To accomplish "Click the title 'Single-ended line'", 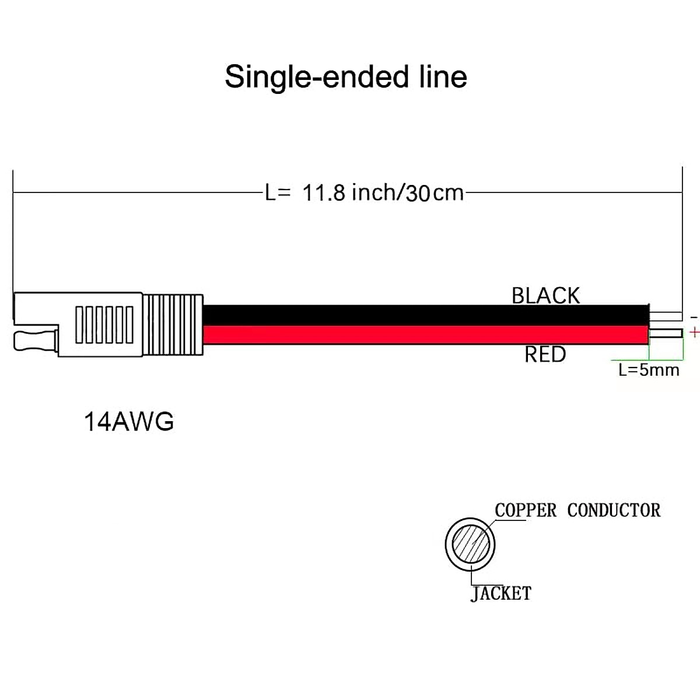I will pyautogui.click(x=346, y=77).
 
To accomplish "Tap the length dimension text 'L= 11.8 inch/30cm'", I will pyautogui.click(x=365, y=192).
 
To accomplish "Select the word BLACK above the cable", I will pyautogui.click(x=546, y=296).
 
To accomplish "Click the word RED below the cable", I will pyautogui.click(x=545, y=354).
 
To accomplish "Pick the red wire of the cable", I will pyautogui.click(x=426, y=335).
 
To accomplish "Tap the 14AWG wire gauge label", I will pyautogui.click(x=129, y=421).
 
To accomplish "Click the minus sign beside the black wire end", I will pyautogui.click(x=694, y=317).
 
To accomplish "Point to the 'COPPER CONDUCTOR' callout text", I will pyautogui.click(x=577, y=510).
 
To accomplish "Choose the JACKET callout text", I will pyautogui.click(x=501, y=594).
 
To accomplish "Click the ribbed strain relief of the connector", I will pyautogui.click(x=173, y=324).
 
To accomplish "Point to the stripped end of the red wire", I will pyautogui.click(x=666, y=334).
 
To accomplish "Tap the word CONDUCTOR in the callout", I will pyautogui.click(x=614, y=510).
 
